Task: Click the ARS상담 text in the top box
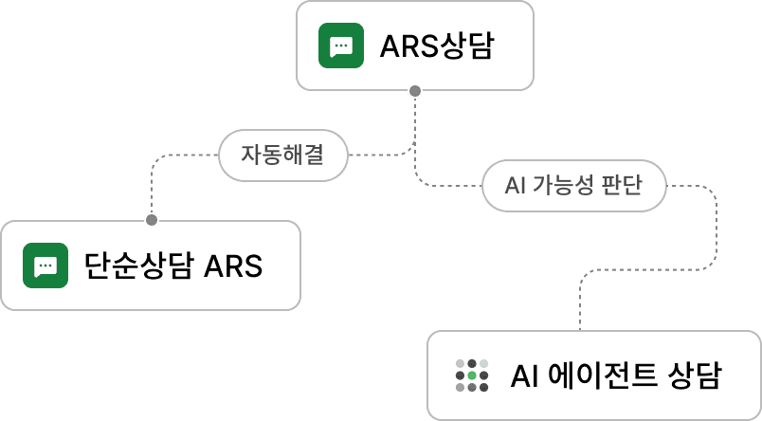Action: (436, 46)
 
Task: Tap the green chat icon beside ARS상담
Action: (341, 46)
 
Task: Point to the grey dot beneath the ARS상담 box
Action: (414, 92)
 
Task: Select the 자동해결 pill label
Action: (282, 156)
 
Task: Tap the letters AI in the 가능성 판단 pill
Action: (516, 186)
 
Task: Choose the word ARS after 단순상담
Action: (233, 265)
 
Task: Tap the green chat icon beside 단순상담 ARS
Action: (45, 265)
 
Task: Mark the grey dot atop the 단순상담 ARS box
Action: (151, 220)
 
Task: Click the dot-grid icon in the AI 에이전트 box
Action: (472, 375)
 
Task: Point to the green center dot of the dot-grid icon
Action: (472, 375)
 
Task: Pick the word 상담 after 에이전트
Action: (695, 375)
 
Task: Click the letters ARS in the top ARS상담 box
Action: (408, 46)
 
